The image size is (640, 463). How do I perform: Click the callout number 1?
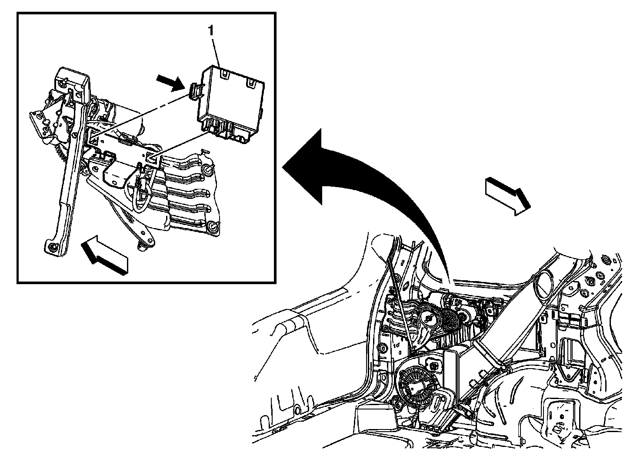pyautogui.click(x=211, y=31)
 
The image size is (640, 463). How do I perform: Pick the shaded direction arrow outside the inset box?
pyautogui.click(x=508, y=195)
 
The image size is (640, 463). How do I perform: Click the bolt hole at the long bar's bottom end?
pyautogui.click(x=52, y=247)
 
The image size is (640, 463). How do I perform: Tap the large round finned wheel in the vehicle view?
pyautogui.click(x=417, y=382)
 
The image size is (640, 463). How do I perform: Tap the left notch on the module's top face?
pyautogui.click(x=224, y=74)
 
